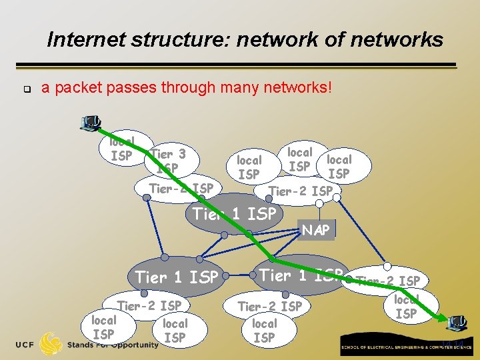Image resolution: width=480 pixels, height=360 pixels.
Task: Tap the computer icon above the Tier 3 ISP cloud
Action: [x=89, y=123]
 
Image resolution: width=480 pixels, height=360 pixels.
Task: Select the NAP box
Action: [x=316, y=230]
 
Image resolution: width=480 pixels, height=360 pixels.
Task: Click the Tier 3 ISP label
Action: [x=168, y=161]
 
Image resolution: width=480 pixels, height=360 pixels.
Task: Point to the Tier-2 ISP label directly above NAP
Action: [x=300, y=191]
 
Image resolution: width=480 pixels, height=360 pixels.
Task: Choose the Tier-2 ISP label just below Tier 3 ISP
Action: [x=181, y=189]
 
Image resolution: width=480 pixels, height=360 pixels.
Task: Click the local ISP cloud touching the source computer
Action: [x=121, y=149]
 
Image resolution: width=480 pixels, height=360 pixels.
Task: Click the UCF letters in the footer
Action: [x=25, y=344]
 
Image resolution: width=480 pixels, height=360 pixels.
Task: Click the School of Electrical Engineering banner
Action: [x=406, y=348]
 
